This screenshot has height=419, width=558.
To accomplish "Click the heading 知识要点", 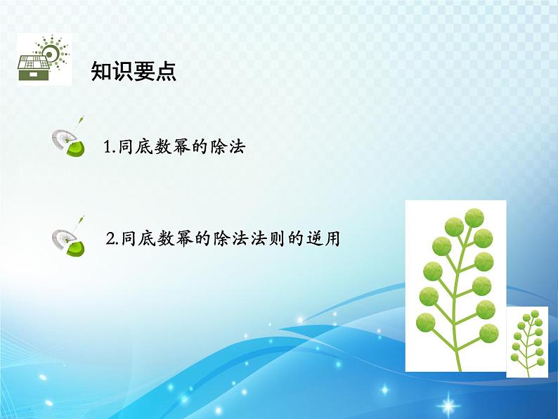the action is click(x=134, y=71).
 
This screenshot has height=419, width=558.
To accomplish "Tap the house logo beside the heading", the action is click(x=44, y=60).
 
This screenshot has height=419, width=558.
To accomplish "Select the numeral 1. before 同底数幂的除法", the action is click(x=110, y=147).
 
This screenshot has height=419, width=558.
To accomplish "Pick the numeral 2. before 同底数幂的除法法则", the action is click(x=113, y=238).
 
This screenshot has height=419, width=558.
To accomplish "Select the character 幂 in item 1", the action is click(x=182, y=147).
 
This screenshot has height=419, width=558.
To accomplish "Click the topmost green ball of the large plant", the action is click(x=474, y=218).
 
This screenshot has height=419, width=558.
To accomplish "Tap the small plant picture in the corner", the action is click(x=527, y=342).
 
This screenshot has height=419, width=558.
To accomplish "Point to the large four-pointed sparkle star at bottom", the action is click(x=448, y=405).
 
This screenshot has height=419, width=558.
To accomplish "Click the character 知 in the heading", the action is click(x=101, y=71).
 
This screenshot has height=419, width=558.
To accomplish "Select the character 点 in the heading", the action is click(x=166, y=71).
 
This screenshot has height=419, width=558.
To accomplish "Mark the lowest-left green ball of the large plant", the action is click(x=426, y=323).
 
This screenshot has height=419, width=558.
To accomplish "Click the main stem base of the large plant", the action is click(x=459, y=367).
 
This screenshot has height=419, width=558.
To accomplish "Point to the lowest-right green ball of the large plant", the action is click(x=489, y=333).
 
